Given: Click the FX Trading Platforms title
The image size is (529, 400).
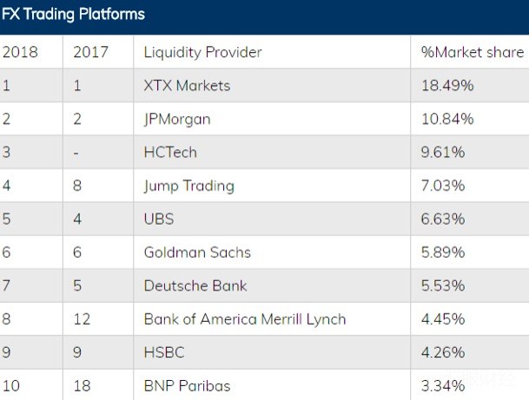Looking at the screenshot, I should tap(73, 15).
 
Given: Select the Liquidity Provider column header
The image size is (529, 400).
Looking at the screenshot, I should tap(202, 52).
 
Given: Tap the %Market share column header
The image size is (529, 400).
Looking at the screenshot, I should tap(472, 52).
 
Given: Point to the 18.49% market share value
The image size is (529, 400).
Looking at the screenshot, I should tap(447, 86).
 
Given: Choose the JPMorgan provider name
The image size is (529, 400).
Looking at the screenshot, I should tap(177, 119).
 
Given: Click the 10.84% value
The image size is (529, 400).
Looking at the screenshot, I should tap(447, 119).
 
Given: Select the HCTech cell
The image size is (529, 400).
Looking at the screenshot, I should tap(170, 152).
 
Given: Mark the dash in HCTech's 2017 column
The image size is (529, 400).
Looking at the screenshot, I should tap(76, 153).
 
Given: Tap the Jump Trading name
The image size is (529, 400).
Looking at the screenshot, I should tap(188, 186).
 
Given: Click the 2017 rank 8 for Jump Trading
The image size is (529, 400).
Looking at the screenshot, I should tap(77, 186).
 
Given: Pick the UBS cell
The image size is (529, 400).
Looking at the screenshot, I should tap(159, 219).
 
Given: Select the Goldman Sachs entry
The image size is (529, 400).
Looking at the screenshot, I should tap(197, 252).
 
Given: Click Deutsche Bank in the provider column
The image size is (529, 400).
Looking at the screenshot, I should tap(195, 285).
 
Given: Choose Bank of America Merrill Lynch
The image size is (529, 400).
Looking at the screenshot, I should tap(245, 319).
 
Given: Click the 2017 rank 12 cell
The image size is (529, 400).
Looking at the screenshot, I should tap(82, 319).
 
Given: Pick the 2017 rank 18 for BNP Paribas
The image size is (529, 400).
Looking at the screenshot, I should tap(82, 385).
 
